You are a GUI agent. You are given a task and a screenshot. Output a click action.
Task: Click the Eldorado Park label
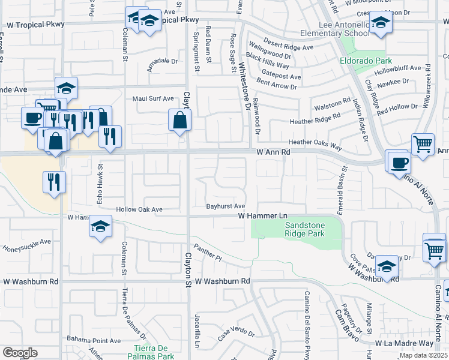point(366,61)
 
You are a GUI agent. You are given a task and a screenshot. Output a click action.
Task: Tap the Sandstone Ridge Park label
point(304,229)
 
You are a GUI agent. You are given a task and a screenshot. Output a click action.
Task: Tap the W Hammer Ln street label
point(263,215)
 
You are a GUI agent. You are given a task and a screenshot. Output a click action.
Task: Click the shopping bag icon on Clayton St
point(179,120)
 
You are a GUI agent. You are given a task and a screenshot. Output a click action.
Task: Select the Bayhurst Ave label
point(226,206)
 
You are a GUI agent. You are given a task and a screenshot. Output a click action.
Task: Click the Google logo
point(20,353)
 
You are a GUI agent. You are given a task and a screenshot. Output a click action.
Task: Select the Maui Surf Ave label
point(153,99)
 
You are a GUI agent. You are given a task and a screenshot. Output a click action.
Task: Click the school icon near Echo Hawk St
point(100,227)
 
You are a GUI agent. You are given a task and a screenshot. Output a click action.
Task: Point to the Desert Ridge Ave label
point(281,47)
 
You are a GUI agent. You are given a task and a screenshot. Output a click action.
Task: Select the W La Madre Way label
point(404,343)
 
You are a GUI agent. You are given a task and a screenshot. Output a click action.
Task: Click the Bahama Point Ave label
point(94,340)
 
